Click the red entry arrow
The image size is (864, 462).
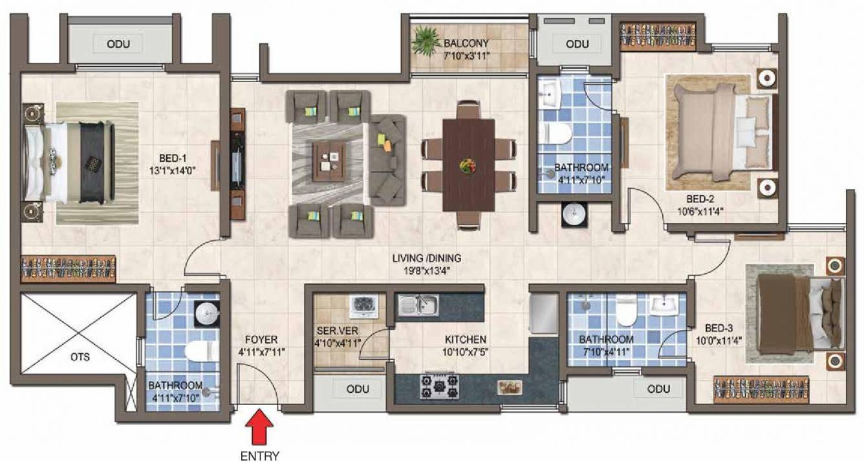[x=259, y=427]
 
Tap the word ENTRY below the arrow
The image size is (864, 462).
[x=259, y=456]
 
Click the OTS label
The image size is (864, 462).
[x=80, y=357]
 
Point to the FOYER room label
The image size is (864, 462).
[x=261, y=340]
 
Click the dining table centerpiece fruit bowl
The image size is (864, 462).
[x=468, y=166]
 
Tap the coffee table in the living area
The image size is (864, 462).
[x=329, y=161]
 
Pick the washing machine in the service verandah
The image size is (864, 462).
[x=363, y=307]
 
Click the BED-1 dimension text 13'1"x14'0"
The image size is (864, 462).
[x=173, y=171]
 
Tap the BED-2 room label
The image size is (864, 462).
[x=700, y=199]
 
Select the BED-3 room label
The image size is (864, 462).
[x=718, y=328]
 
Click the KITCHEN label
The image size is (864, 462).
[x=466, y=340]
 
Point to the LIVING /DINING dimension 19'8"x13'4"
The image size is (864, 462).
[x=427, y=270]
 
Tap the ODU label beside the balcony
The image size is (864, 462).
[x=577, y=44]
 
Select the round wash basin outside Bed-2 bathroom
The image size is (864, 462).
[x=574, y=214]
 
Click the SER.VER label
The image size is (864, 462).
[x=338, y=331]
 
